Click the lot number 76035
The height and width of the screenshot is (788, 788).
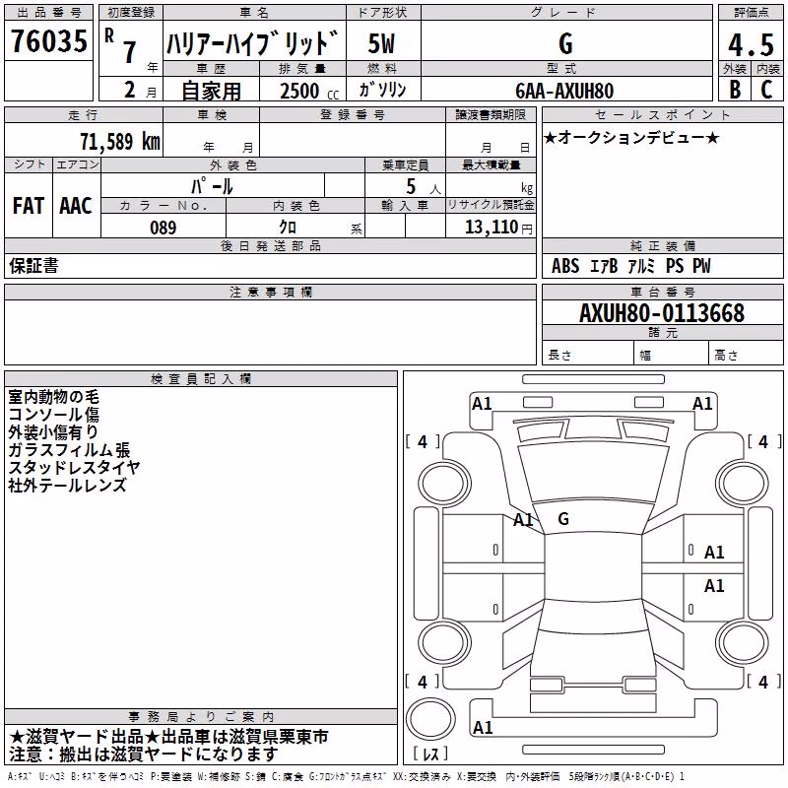(x=48, y=40)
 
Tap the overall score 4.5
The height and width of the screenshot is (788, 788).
(x=751, y=44)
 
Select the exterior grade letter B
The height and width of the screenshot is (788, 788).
(x=735, y=89)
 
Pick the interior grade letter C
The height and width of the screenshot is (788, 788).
(x=766, y=89)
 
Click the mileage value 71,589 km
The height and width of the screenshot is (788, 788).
(x=120, y=141)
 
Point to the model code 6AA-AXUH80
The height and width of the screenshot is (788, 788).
(x=564, y=91)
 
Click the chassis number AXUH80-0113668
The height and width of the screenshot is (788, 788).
(x=661, y=312)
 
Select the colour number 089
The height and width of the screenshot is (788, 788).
(x=163, y=228)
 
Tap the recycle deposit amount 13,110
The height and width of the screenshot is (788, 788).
(x=491, y=227)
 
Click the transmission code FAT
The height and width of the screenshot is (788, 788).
(x=29, y=206)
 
